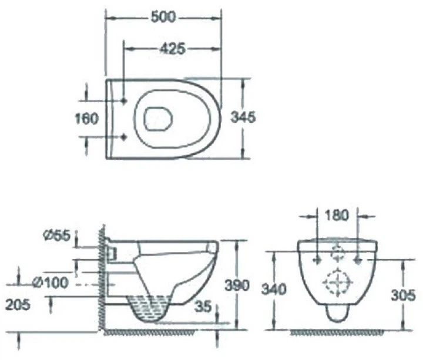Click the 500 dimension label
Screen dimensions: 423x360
pyautogui.click(x=163, y=17)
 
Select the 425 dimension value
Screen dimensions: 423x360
pyautogui.click(x=172, y=49)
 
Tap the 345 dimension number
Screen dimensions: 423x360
pyautogui.click(x=243, y=117)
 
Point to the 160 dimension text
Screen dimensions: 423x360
pyautogui.click(x=86, y=119)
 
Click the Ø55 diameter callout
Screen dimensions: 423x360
pyautogui.click(x=56, y=235)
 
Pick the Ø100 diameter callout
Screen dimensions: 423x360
pyautogui.click(x=50, y=282)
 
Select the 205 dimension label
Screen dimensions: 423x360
pyautogui.click(x=18, y=305)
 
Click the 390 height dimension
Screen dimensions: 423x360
pyautogui.click(x=237, y=285)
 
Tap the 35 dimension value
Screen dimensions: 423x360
pyautogui.click(x=203, y=307)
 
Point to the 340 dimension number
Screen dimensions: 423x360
pyautogui.click(x=274, y=290)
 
